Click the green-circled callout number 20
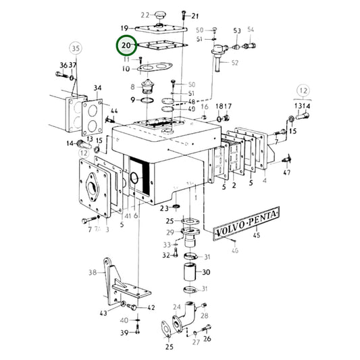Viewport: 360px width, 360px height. click(127, 45)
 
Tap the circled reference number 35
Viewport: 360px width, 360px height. click(75, 49)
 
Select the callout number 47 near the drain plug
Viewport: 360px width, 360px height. click(287, 173)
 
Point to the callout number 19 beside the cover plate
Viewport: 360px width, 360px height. click(125, 28)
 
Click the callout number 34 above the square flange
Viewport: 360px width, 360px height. click(97, 88)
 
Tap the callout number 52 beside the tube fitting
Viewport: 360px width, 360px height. click(235, 63)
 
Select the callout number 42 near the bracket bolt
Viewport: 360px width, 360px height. click(151, 307)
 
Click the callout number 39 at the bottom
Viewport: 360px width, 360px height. click(124, 333)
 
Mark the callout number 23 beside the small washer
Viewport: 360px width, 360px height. click(163, 208)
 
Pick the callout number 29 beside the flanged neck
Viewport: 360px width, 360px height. click(170, 232)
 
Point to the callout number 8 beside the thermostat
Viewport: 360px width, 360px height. click(132, 87)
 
